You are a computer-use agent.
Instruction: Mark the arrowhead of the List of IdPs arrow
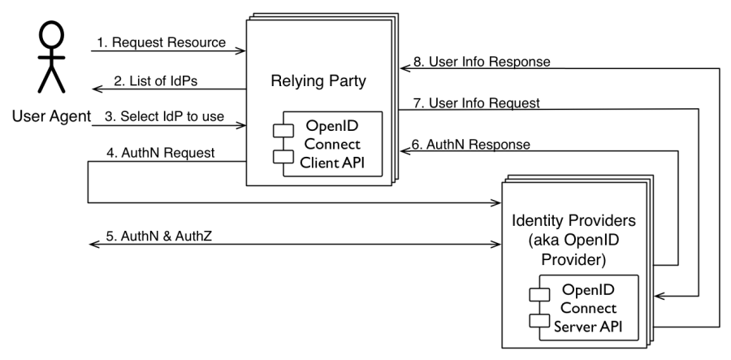[94, 89]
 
